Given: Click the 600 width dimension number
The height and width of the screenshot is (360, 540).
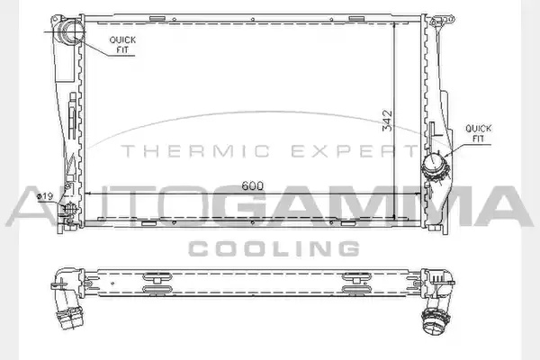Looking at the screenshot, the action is [x=252, y=185].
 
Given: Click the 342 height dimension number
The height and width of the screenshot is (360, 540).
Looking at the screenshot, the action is [x=387, y=121].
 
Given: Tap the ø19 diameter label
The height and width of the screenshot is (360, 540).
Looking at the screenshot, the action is [x=45, y=196].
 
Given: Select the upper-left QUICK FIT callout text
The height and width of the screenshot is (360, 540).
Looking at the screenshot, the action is [x=122, y=45].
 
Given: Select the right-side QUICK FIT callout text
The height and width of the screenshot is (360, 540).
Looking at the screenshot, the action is [x=479, y=134].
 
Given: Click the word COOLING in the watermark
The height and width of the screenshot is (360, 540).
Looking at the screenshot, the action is [x=274, y=248].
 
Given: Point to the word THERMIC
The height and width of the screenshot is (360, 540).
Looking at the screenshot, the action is [x=195, y=151].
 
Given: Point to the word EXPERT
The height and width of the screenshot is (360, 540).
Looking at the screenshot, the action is [x=355, y=151].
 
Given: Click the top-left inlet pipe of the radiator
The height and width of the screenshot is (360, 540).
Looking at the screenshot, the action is [x=70, y=31].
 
